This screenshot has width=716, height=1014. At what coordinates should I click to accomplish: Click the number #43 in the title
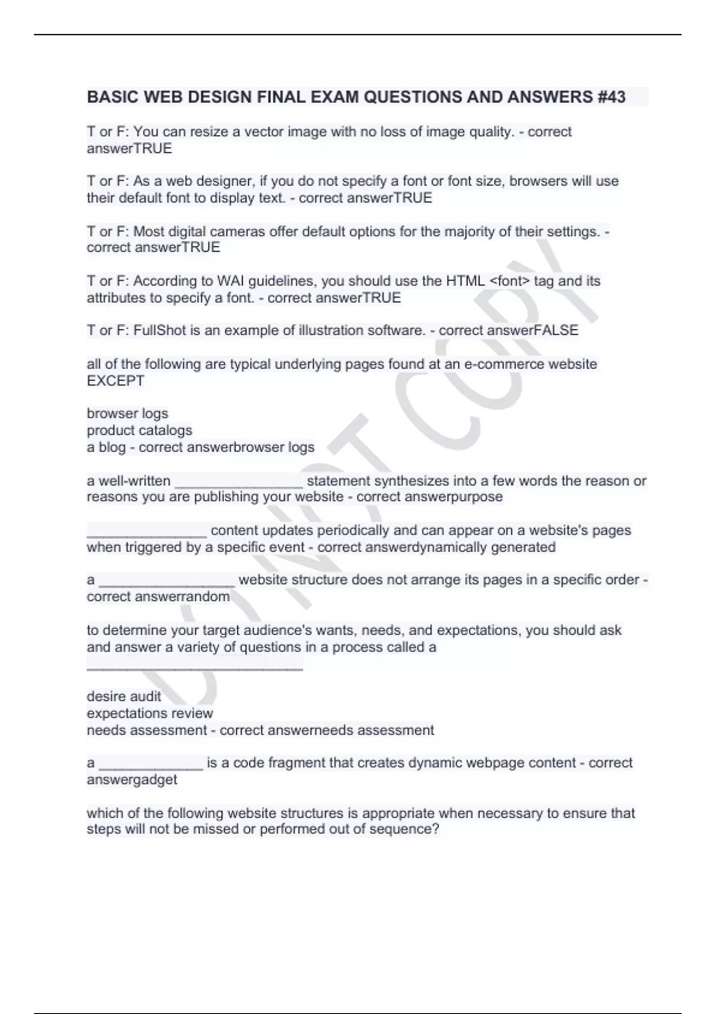point(611,97)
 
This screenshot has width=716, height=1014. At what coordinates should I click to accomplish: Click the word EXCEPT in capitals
point(115,381)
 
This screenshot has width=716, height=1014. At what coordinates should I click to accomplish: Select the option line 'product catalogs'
point(139,430)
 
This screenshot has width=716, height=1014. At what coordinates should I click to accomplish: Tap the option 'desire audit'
point(124,696)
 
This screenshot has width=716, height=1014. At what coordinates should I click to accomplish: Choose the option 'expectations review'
point(149,713)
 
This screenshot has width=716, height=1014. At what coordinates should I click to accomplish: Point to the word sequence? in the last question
point(409,829)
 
